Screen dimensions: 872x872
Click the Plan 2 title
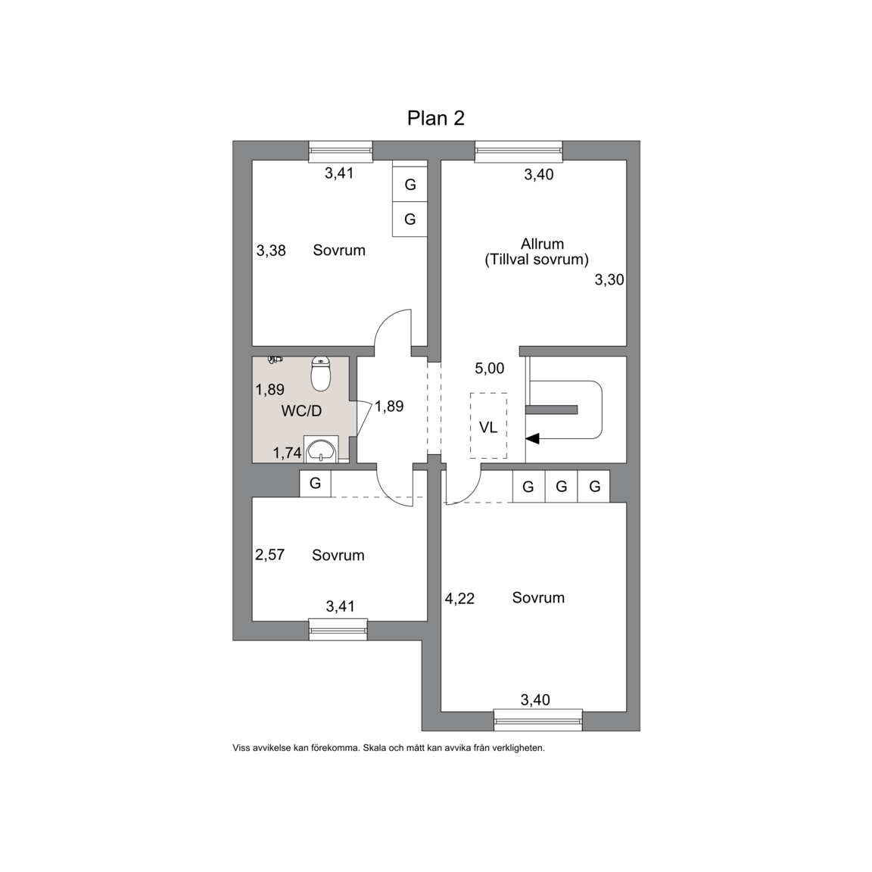pyautogui.click(x=435, y=118)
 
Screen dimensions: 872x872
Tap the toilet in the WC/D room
pyautogui.click(x=321, y=373)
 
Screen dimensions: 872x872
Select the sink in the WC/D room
pyautogui.click(x=322, y=450)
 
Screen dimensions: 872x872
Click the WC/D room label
pyautogui.click(x=301, y=411)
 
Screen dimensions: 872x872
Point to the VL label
pyautogui.click(x=488, y=427)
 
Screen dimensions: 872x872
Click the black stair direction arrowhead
pyautogui.click(x=532, y=439)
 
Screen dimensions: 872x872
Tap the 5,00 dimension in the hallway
pyautogui.click(x=490, y=368)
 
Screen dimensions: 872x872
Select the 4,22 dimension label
pyautogui.click(x=460, y=599)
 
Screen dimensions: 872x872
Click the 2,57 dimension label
pyautogui.click(x=269, y=554)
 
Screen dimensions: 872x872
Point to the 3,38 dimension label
pyautogui.click(x=271, y=251)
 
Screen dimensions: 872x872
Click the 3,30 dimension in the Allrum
pyautogui.click(x=609, y=280)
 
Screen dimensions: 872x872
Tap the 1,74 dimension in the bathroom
pyautogui.click(x=287, y=453)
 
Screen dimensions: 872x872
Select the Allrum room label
pyautogui.click(x=542, y=244)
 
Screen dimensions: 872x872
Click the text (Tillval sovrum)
pyautogui.click(x=537, y=260)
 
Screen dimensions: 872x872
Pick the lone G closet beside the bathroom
pyautogui.click(x=316, y=483)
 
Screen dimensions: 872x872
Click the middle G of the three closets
pyautogui.click(x=561, y=487)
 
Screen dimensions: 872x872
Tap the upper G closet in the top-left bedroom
pyautogui.click(x=410, y=184)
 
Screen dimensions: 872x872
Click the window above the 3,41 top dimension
pyautogui.click(x=341, y=151)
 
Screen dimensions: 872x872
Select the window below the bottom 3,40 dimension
pyautogui.click(x=537, y=720)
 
